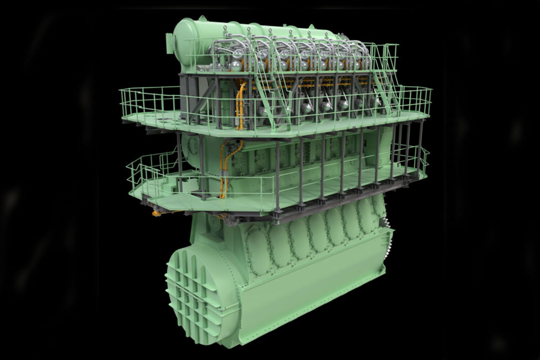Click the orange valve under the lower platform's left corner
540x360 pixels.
(156, 213)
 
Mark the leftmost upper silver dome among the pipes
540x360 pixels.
(238, 54)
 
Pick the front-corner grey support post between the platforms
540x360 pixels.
(277, 176)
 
